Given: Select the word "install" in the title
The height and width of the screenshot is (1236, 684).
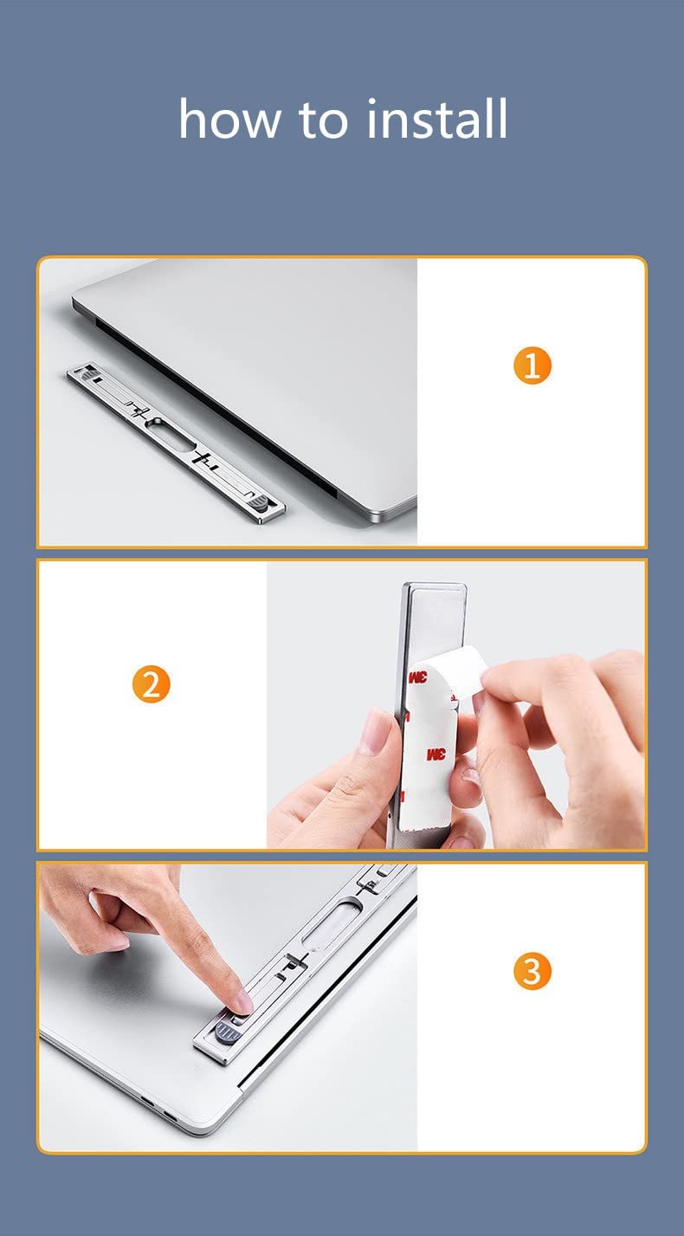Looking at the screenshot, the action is (x=436, y=118).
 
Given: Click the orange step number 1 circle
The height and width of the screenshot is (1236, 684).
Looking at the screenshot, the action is (x=532, y=366).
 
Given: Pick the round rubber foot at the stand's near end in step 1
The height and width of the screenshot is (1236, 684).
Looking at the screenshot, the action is (x=260, y=502).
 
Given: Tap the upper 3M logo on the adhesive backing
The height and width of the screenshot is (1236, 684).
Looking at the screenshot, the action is (x=417, y=676).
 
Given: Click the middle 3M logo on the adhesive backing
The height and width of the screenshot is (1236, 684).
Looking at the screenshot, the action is (x=436, y=754).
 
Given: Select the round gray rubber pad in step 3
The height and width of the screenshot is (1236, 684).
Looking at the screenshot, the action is (x=226, y=1031).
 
